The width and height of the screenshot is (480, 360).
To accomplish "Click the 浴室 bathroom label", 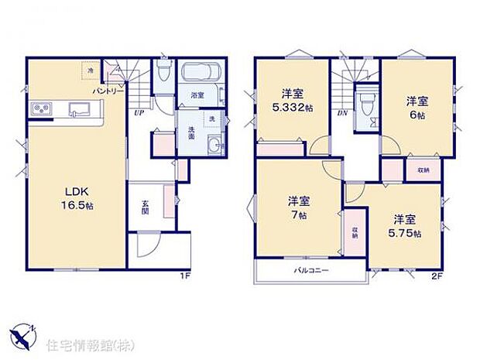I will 197,95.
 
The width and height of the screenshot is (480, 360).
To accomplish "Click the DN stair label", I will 342,113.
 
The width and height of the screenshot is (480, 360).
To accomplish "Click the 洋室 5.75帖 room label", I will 406,225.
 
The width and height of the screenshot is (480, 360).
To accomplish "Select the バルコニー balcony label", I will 310,271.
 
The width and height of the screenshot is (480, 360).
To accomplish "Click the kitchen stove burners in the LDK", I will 40,108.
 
